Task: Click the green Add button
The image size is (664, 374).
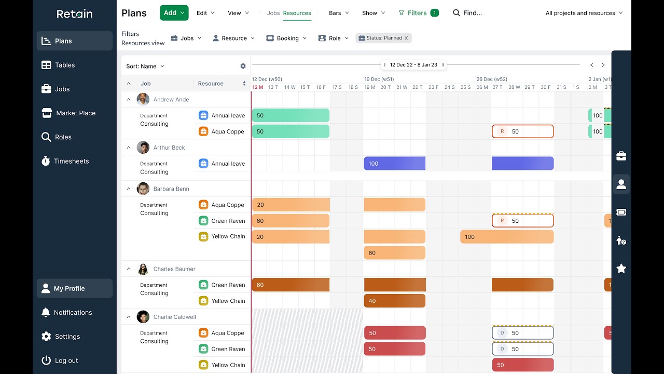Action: pyautogui.click(x=174, y=13)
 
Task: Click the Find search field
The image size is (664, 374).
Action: pyautogui.click(x=467, y=13)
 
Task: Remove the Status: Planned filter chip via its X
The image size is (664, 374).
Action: pyautogui.click(x=406, y=38)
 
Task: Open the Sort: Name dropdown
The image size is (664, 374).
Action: pyautogui.click(x=145, y=66)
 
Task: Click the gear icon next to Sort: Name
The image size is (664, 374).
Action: pyautogui.click(x=243, y=66)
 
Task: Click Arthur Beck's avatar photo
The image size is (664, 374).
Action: pyautogui.click(x=143, y=147)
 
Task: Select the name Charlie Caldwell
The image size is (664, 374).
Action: pyautogui.click(x=175, y=317)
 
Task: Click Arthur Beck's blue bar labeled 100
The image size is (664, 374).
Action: pyautogui.click(x=395, y=164)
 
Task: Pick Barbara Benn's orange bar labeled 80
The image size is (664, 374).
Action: pyautogui.click(x=395, y=253)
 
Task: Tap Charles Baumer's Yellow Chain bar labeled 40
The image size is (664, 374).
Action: pyautogui.click(x=395, y=301)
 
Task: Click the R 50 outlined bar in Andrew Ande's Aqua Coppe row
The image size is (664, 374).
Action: pyautogui.click(x=522, y=131)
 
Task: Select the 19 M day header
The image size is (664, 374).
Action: pyautogui.click(x=370, y=87)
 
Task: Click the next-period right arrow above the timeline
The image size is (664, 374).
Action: pyautogui.click(x=603, y=65)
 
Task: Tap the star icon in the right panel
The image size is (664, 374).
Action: pyautogui.click(x=621, y=269)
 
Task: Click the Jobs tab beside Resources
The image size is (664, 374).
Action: pyautogui.click(x=273, y=13)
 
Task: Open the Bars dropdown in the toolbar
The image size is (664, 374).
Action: pyautogui.click(x=339, y=13)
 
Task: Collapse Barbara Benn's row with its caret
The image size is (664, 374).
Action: pyautogui.click(x=129, y=189)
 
